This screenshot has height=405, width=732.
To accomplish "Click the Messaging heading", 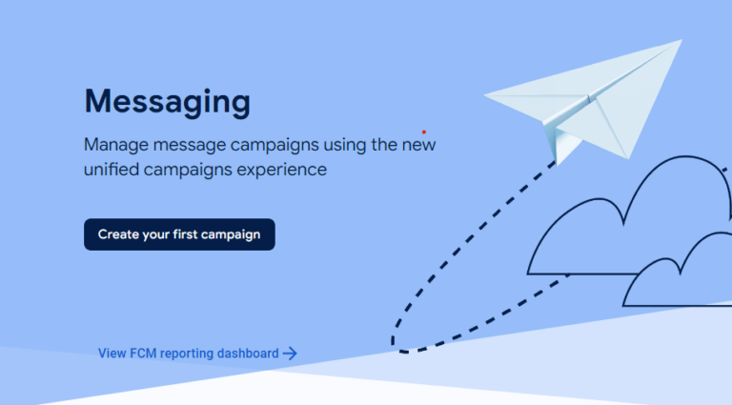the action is tap(167, 102).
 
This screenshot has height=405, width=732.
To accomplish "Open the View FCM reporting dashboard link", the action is tap(197, 354).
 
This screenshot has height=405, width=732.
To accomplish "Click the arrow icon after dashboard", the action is tap(290, 354).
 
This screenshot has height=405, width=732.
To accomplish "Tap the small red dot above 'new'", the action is tap(424, 132).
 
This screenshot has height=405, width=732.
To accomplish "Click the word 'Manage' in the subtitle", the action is tap(115, 145).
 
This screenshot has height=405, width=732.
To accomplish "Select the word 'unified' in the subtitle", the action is tap(112, 169).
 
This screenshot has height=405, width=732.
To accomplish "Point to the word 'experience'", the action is tap(281, 171).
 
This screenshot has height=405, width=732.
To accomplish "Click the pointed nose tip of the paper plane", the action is tap(484, 95).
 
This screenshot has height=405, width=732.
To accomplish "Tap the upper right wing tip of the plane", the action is tap(681, 41).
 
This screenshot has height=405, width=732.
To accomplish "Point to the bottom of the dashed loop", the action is tap(404, 351).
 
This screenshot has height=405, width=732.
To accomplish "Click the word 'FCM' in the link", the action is tap(143, 354).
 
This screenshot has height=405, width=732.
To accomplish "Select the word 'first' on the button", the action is tap(185, 233).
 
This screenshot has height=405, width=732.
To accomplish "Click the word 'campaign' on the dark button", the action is tap(231, 234).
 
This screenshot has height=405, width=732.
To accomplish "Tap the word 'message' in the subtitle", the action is tap(189, 145).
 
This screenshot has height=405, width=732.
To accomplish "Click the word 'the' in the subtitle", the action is tap(384, 144).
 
